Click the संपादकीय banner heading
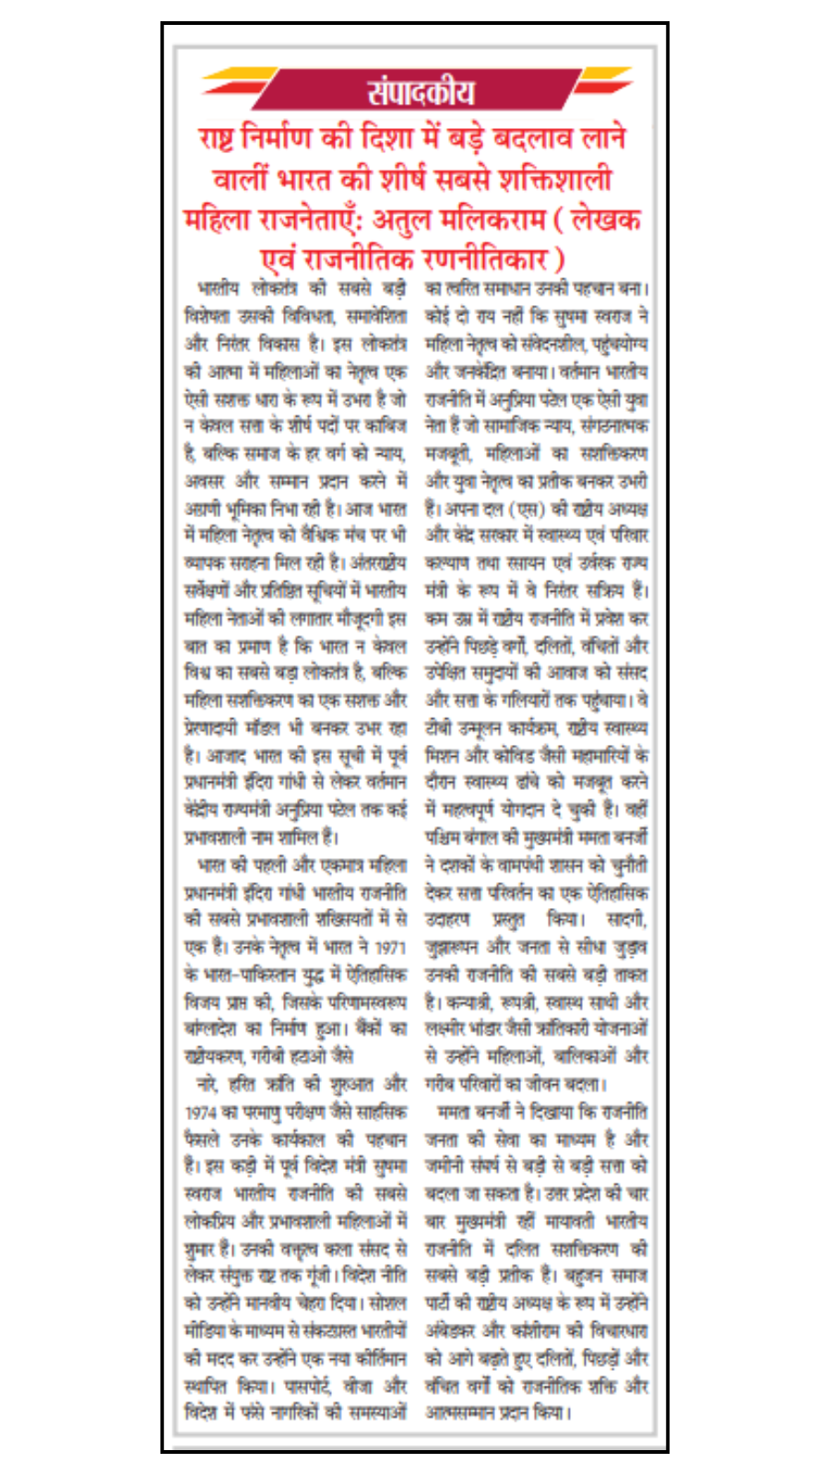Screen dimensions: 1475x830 pyautogui.click(x=420, y=92)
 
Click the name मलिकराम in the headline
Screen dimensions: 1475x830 pyautogui.click(x=480, y=220)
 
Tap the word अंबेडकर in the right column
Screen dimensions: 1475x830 pyautogui.click(x=450, y=1331)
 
